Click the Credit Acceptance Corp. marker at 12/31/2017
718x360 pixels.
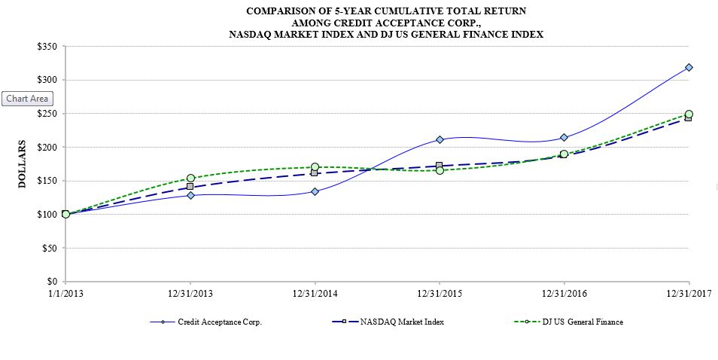coord(689,68)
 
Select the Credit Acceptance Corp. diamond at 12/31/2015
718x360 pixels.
coord(440,139)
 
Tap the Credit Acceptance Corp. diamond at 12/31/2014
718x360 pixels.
coord(315,191)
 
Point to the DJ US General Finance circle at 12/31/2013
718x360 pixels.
coord(190,178)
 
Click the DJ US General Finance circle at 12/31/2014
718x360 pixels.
coord(315,167)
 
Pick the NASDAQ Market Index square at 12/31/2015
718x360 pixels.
coord(440,165)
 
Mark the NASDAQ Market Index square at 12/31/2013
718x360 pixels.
coord(190,186)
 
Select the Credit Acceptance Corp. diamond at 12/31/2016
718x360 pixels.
coord(564,138)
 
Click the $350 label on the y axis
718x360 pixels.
coord(47,47)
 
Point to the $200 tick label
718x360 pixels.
coord(47,147)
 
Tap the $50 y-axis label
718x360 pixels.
coord(49,248)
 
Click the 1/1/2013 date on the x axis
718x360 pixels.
coord(65,292)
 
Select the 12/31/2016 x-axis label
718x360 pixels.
coord(564,292)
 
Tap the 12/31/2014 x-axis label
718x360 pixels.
coord(315,292)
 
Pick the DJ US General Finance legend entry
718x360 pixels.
coord(580,322)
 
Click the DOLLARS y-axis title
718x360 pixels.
coord(23,163)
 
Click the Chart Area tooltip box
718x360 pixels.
coord(27,99)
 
